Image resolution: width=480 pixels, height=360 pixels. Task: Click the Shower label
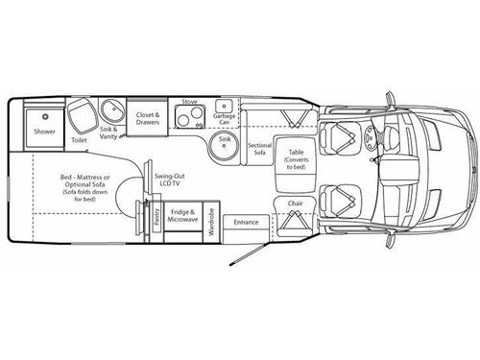(45, 129)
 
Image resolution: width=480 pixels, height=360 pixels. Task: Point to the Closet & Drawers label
(147, 117)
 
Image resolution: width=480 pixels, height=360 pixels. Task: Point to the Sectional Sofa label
(257, 146)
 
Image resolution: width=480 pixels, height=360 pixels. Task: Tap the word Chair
(295, 204)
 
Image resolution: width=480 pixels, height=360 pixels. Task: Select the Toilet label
(79, 140)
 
